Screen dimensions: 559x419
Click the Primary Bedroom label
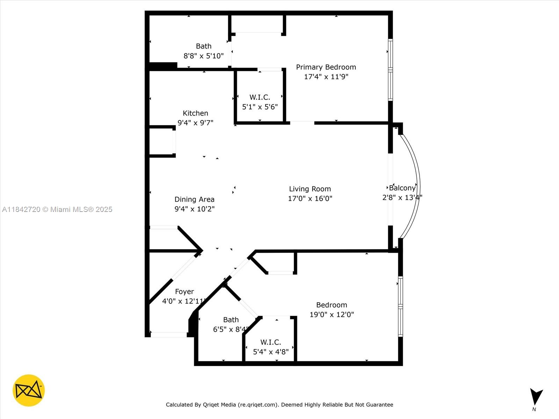point(326,67)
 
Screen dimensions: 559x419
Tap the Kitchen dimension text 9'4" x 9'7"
point(195,123)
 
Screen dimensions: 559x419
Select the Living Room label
point(310,189)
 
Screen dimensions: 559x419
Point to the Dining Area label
point(194,199)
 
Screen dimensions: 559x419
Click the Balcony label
point(402,188)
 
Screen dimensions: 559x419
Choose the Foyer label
point(184,292)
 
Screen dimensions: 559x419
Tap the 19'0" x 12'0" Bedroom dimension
point(332,315)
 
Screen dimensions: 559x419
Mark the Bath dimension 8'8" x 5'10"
point(203,56)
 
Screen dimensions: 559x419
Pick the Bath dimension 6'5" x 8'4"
point(230,330)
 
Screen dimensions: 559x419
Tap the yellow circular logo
point(29,390)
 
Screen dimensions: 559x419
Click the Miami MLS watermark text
point(57,209)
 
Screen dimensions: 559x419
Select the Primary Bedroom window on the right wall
point(390,70)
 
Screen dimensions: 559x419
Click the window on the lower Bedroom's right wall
point(400,307)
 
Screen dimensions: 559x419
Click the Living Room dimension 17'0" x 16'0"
point(310,199)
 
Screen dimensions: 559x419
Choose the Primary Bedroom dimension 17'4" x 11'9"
point(326,77)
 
